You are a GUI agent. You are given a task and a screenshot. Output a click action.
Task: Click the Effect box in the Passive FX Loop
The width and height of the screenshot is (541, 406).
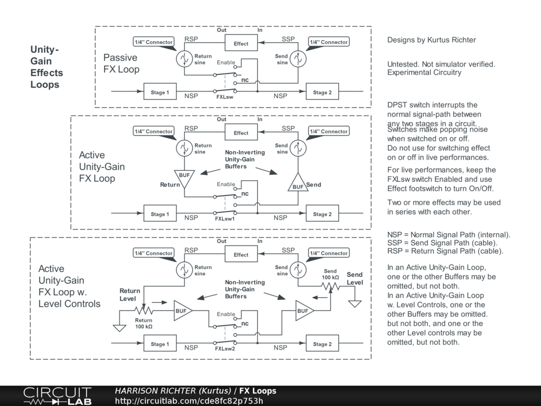[x=241, y=43]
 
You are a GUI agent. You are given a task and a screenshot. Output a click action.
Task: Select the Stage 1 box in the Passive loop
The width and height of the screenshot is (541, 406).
[x=160, y=93]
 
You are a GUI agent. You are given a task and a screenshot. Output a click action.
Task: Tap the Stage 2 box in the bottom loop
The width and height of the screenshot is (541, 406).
[x=322, y=344]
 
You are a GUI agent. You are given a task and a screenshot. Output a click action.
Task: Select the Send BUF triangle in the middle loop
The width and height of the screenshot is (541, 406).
[x=298, y=183]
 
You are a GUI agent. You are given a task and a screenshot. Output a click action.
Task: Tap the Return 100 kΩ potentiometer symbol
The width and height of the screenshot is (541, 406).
[x=143, y=310]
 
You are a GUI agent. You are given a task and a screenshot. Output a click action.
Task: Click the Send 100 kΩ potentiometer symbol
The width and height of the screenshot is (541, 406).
[x=330, y=286]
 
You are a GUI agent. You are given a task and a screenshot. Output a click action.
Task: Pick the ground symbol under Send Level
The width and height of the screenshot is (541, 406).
[x=355, y=303]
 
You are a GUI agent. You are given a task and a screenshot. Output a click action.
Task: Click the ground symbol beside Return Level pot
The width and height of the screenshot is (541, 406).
[x=120, y=327]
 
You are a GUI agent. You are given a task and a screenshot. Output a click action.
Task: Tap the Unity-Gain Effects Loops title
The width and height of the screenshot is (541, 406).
[x=46, y=67]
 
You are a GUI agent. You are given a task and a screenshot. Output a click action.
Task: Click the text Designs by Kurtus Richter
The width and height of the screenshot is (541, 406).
[x=431, y=40]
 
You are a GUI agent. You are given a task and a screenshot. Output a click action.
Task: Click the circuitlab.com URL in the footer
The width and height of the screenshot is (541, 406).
[x=189, y=401]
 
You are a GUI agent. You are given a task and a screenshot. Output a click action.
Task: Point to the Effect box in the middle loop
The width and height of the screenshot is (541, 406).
[x=241, y=133]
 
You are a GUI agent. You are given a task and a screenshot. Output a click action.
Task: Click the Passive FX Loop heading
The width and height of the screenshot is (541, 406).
[x=121, y=63]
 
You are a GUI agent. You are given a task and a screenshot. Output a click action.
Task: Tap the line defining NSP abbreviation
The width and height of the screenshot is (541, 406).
[x=449, y=235]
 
